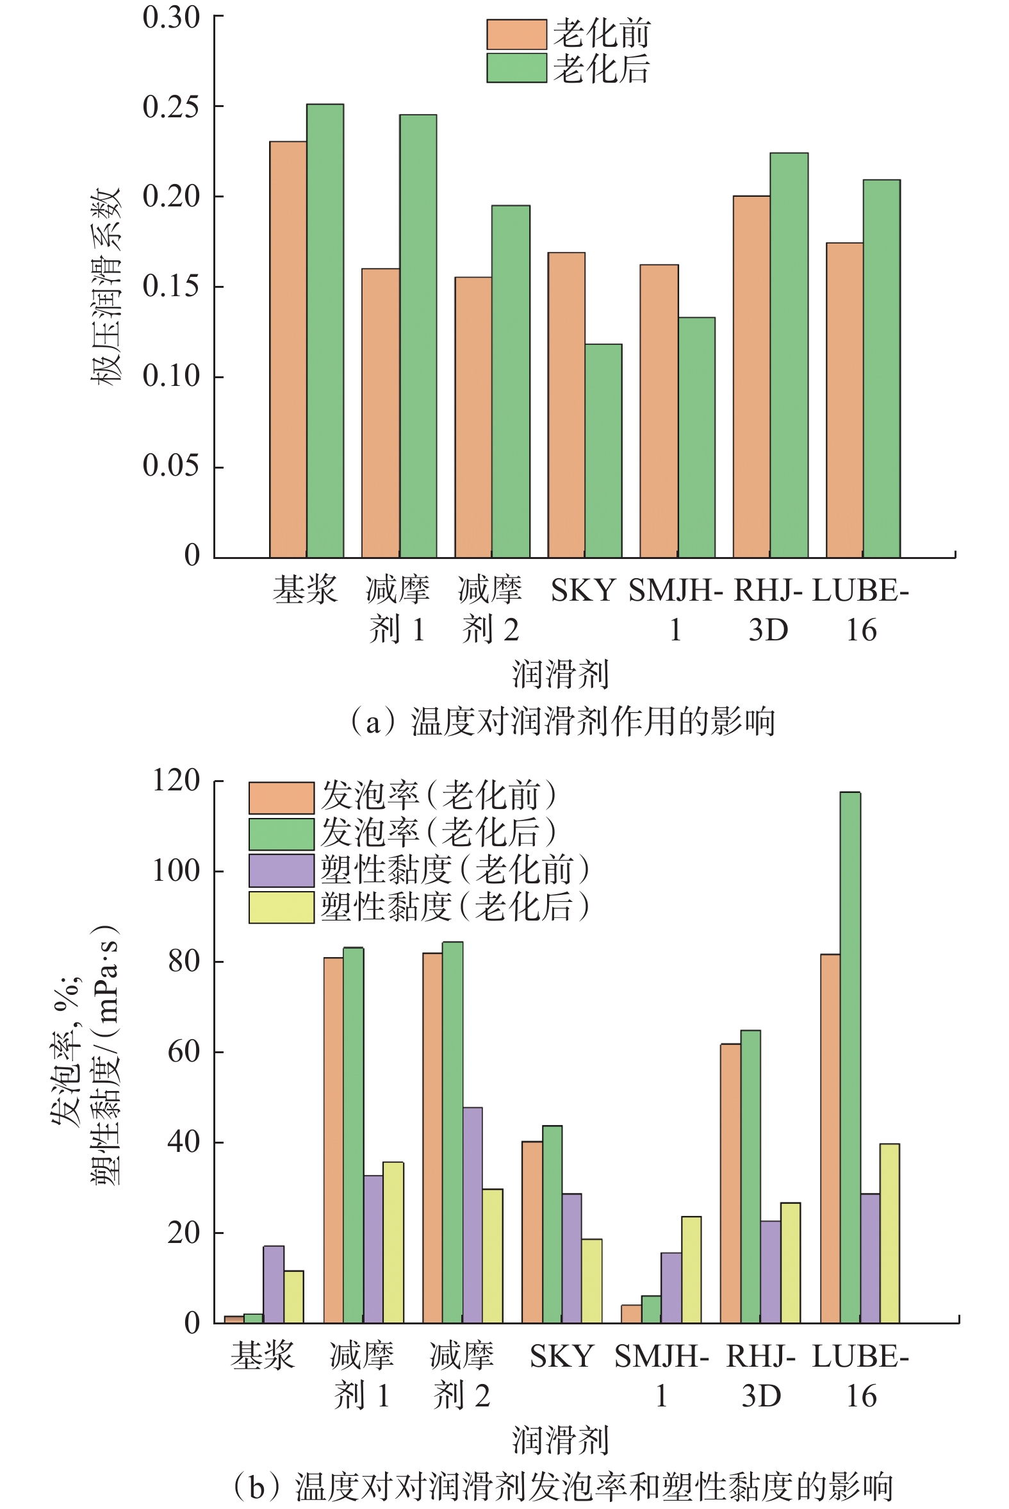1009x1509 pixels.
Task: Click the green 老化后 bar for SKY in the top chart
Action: click(603, 451)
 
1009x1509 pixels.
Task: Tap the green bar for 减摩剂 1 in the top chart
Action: click(418, 335)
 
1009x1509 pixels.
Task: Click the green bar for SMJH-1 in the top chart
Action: click(697, 437)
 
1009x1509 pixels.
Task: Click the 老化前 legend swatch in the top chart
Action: click(516, 35)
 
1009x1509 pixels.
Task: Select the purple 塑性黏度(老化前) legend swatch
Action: click(281, 871)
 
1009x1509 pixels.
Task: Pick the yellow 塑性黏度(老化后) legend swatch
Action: click(281, 907)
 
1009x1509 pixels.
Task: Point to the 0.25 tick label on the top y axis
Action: click(170, 107)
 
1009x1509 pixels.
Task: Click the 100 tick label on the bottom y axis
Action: click(176, 871)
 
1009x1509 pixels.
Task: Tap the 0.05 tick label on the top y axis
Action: click(170, 465)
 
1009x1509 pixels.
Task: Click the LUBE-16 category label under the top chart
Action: click(861, 610)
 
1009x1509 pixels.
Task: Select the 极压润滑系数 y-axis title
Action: click(105, 287)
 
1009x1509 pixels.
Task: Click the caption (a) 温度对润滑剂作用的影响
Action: click(561, 722)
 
